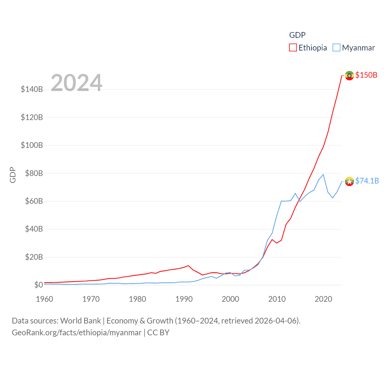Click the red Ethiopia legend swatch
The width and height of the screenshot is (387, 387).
pos(293,48)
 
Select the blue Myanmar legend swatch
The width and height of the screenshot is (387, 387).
pos(336,48)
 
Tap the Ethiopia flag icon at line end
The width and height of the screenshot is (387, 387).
pos(349,76)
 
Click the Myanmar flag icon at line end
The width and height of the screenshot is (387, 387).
pos(349,181)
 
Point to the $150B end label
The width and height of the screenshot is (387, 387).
pos(366,75)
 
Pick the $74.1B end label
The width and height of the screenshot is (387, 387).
pos(367,181)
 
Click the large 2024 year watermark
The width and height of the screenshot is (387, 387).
pos(76,83)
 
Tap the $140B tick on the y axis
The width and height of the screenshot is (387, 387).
pos(32,89)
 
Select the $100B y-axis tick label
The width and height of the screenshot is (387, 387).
pos(32,145)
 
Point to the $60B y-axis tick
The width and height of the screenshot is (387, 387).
pos(34,201)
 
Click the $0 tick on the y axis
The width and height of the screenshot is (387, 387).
pos(38,285)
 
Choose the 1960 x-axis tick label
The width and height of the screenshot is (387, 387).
pos(44,299)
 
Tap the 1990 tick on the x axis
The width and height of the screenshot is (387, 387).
pos(184,299)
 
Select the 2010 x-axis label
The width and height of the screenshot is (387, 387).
pos(277,299)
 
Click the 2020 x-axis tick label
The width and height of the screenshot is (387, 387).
pos(324,299)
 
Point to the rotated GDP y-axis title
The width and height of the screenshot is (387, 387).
pos(13,175)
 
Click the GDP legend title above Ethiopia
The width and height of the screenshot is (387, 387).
pos(297,35)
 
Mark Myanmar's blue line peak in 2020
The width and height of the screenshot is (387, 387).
pos(323,174)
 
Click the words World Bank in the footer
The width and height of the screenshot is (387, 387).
pos(80,320)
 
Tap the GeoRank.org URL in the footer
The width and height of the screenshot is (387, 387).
pos(76,333)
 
